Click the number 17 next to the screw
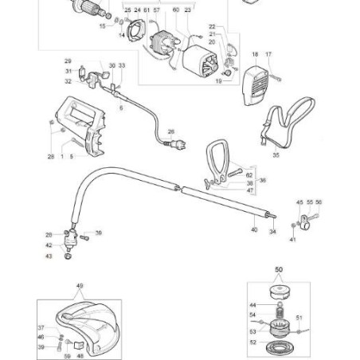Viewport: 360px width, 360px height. click(x=268, y=54)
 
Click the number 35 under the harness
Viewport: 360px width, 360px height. click(x=276, y=156)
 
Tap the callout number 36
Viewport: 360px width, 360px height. click(x=264, y=181)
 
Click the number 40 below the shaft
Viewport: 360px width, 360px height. click(x=254, y=230)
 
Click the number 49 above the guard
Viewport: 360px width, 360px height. click(x=79, y=286)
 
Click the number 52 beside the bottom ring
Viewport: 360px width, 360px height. click(x=252, y=342)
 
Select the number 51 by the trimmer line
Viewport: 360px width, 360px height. click(x=300, y=317)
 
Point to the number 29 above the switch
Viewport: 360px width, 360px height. click(x=68, y=61)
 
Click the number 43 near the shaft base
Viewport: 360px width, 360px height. click(x=49, y=256)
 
